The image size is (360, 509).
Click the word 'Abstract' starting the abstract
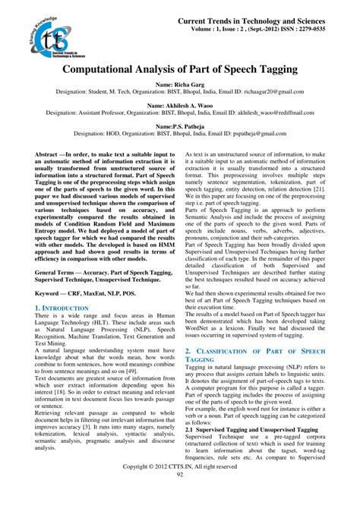(x=47, y=153)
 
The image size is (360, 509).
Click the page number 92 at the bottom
(x=180, y=495)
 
